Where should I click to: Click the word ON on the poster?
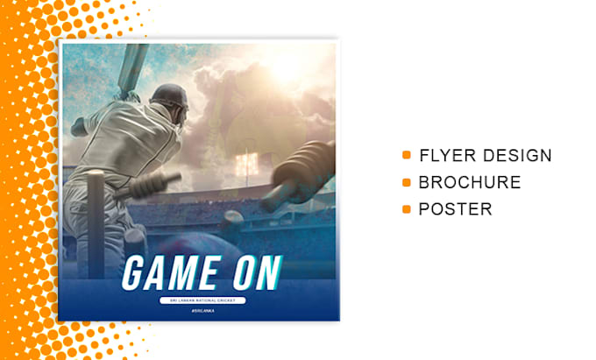[253, 273]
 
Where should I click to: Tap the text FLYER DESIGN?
[485, 156]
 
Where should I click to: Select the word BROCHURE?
[469, 183]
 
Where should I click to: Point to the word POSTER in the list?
[455, 209]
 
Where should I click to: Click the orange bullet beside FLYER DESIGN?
[407, 156]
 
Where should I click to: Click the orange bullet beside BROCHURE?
[407, 183]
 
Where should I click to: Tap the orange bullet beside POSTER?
[407, 209]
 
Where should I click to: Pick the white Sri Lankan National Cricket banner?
[201, 300]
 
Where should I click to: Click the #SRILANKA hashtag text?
[201, 313]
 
